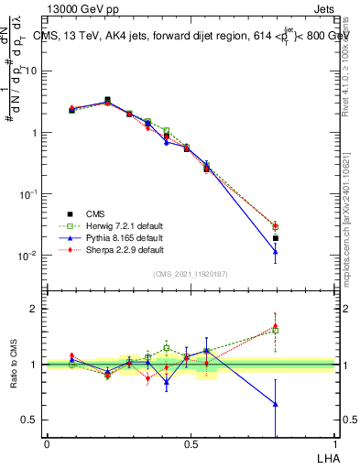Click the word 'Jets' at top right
coord(323,10)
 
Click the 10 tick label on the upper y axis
coord(31,71)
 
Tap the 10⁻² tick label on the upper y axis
coord(28,256)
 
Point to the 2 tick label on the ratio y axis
coord(35,309)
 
